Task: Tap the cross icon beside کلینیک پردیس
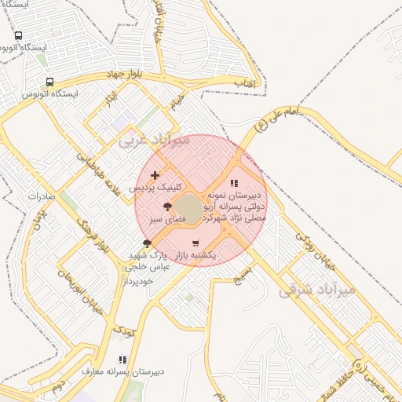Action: pyautogui.click(x=155, y=175)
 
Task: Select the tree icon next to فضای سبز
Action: pyautogui.click(x=167, y=207)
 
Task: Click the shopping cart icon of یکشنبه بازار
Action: pyautogui.click(x=195, y=243)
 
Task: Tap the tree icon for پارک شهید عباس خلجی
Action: pyautogui.click(x=147, y=243)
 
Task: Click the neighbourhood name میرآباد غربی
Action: pyautogui.click(x=155, y=141)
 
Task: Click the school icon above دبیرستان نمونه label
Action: pyautogui.click(x=233, y=183)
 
